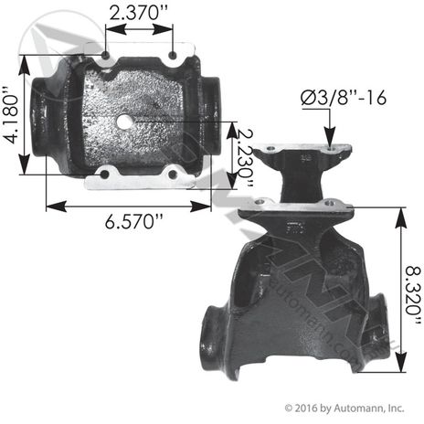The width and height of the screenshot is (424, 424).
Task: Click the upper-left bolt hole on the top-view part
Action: click(x=107, y=60)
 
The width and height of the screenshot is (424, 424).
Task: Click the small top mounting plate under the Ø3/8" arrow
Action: click(x=301, y=152)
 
